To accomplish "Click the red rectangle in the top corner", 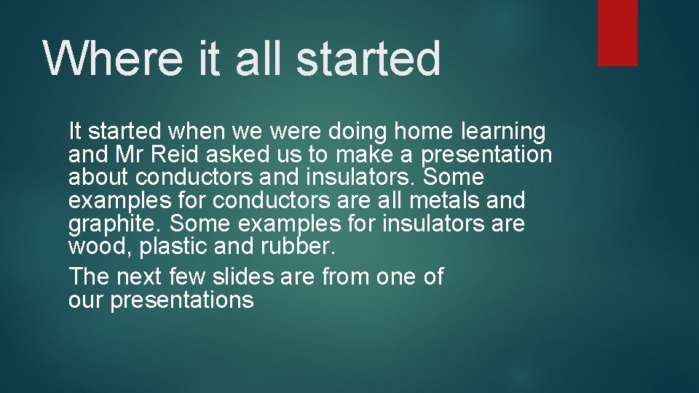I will tap(617, 33).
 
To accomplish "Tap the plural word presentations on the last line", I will tap(181, 300).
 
